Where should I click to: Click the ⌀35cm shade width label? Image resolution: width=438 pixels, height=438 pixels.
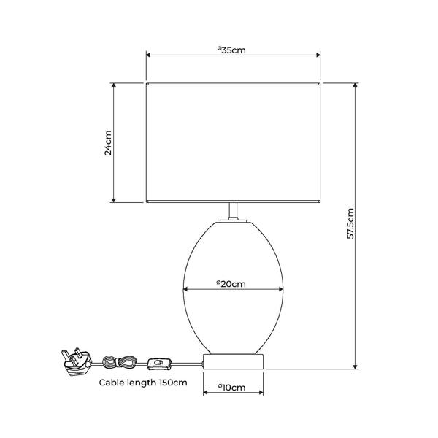coord(231,50)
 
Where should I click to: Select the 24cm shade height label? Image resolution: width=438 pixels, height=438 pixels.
coord(108,143)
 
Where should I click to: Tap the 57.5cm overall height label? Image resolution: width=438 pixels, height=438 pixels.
coord(350,223)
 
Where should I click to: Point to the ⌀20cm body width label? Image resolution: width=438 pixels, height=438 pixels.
coord(231,284)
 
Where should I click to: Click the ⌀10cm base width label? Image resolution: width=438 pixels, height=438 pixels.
coord(231,388)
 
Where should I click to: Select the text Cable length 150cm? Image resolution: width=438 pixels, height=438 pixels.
coord(143,383)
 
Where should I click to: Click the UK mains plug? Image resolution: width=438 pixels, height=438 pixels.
coord(77,363)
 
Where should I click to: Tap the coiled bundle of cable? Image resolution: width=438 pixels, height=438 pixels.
coord(119,363)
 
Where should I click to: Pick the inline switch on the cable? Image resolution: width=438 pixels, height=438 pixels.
coord(159,364)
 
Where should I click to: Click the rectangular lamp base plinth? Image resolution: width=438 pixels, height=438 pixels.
coord(234,361)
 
